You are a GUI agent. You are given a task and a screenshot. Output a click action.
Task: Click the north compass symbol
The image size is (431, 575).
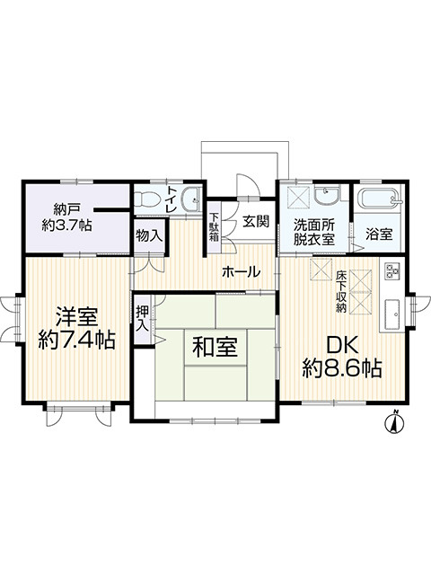coord(394,421)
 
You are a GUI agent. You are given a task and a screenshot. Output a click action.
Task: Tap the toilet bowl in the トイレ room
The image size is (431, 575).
coord(147,200)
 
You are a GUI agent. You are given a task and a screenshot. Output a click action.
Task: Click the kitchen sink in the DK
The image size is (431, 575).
coord(393,315)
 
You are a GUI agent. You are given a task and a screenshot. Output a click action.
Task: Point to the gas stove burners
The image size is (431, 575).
coord(392,271)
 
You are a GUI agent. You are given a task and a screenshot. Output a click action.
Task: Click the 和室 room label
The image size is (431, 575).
coord(215,347)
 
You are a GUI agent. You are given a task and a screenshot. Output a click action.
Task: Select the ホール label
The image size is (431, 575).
coord(242,271)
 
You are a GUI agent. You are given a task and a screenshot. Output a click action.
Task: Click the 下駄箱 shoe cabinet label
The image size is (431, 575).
coord(214,226)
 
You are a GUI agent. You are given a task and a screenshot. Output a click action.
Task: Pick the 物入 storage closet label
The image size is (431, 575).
coord(149,235)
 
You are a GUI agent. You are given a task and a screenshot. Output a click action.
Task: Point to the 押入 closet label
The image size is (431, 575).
coord(143,319)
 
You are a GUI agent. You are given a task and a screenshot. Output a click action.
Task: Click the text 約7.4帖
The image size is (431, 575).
coord(76,341)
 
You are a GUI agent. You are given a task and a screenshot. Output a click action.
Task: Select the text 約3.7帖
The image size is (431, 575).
coord(66,226)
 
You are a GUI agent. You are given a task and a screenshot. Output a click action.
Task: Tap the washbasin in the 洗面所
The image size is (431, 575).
coord(327,196)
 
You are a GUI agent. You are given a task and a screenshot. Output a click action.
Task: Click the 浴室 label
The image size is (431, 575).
coord(379,234)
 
